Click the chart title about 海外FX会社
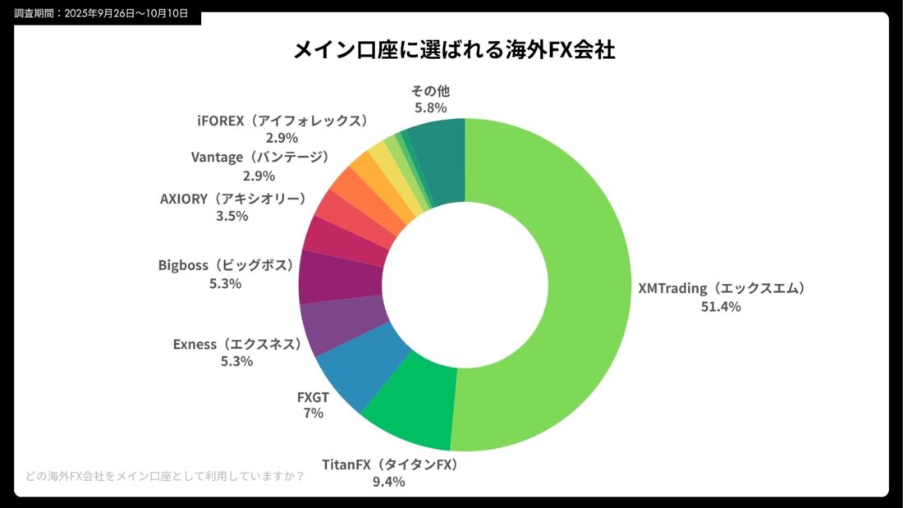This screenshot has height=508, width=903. coord(455,50)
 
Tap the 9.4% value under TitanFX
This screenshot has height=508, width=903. coord(388,482)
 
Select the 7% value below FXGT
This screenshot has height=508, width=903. coord(313,414)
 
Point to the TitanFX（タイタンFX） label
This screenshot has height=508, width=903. coord(389,465)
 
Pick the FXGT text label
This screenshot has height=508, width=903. coord(313,398)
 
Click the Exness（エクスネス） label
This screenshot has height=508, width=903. coord(236,344)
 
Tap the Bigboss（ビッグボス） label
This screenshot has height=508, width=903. coord(225,266)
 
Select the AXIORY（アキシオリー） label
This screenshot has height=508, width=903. coord(232,199)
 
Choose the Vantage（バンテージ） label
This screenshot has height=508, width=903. coord(259,157)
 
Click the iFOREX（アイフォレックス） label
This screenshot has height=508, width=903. coord(282,121)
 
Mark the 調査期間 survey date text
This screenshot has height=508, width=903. coord(101,13)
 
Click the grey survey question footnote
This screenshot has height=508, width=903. coord(164,476)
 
